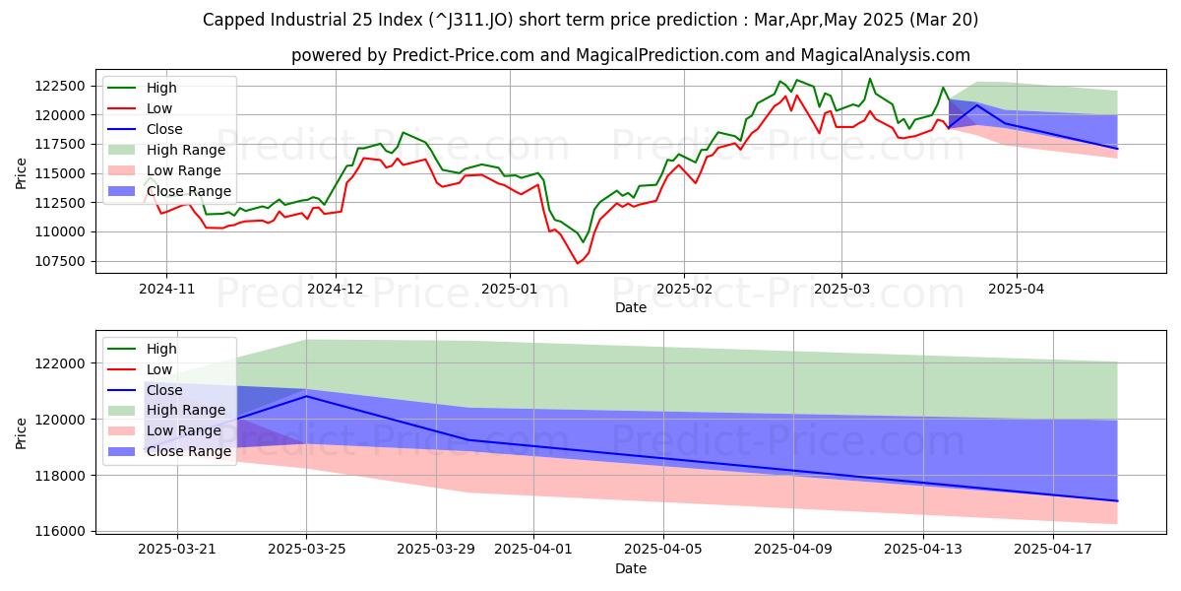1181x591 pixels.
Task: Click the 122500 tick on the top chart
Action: (x=65, y=86)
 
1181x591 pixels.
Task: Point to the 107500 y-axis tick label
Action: (x=65, y=261)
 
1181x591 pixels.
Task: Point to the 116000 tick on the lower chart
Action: (x=65, y=531)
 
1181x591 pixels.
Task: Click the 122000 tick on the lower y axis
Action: (x=65, y=363)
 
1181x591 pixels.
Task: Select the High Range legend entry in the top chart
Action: (x=185, y=150)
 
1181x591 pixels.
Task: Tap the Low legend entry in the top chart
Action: (x=160, y=108)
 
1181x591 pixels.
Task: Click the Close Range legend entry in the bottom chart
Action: (x=189, y=451)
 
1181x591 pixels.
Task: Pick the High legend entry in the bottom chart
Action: (x=161, y=349)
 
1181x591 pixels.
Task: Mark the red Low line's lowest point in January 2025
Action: (x=578, y=263)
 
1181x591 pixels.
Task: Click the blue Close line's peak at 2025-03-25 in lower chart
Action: (x=306, y=396)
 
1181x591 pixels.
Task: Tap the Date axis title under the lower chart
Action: (x=631, y=568)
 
